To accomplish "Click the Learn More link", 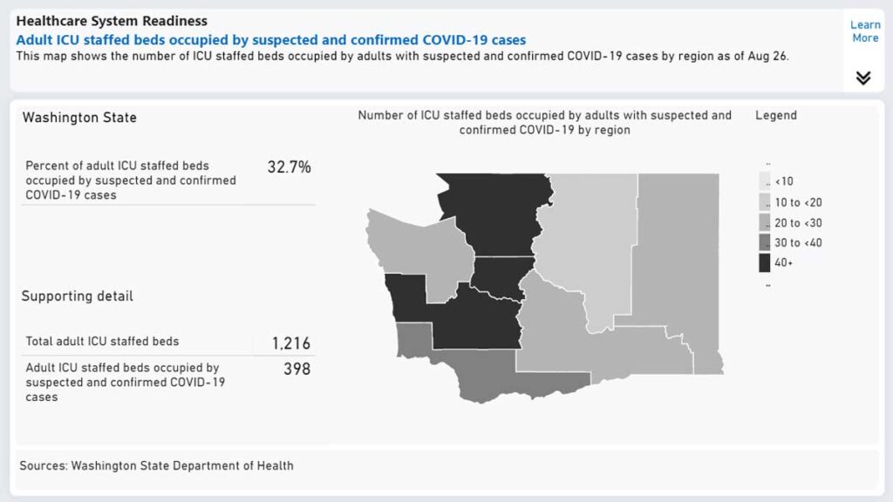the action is click(x=865, y=31).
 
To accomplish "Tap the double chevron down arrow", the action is click(x=863, y=78).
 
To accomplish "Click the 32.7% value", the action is click(x=290, y=167).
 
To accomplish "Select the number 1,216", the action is click(x=291, y=343).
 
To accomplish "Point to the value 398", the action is click(x=297, y=369).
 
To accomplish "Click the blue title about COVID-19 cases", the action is click(x=271, y=40).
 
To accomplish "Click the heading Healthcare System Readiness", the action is click(x=112, y=21).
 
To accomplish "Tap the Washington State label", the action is click(x=79, y=118).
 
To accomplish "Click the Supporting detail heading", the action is click(x=78, y=296).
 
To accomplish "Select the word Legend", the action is click(x=775, y=116).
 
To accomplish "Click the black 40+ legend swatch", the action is click(x=764, y=263).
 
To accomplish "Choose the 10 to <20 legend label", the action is click(x=799, y=202).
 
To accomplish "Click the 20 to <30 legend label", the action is click(x=799, y=223).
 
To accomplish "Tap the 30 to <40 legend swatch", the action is click(x=764, y=242).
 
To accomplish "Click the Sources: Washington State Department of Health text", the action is click(x=157, y=465).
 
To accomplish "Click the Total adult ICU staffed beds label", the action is click(x=103, y=342).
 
